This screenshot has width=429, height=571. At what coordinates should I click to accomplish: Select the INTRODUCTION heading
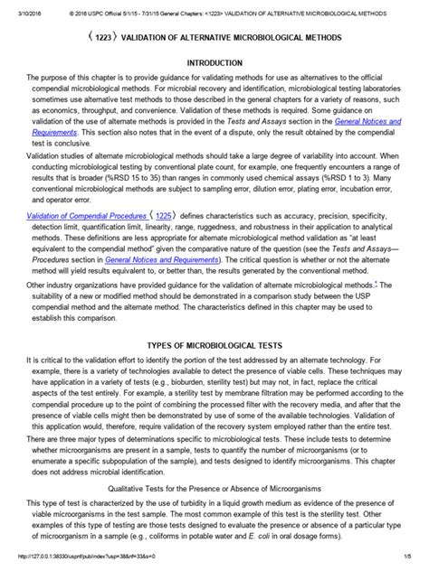click(214, 64)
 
